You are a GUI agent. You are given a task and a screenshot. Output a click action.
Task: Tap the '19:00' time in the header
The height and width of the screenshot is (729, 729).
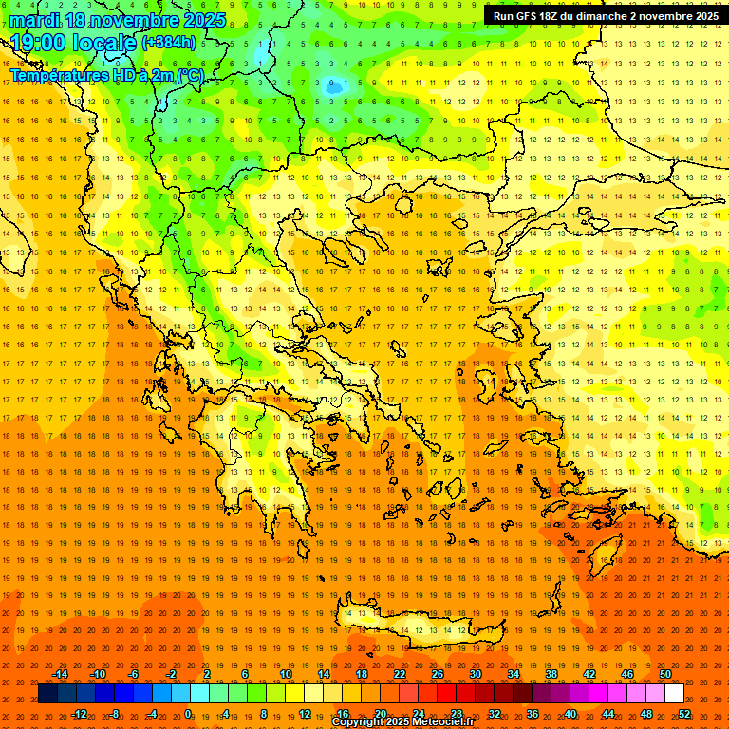pyautogui.click(x=37, y=43)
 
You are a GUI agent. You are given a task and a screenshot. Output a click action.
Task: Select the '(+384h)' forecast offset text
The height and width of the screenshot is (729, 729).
pyautogui.click(x=169, y=43)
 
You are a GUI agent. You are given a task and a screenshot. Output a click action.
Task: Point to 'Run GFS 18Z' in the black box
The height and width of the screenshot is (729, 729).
pyautogui.click(x=528, y=16)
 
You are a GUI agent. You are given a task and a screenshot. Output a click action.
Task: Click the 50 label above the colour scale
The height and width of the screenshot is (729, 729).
pyautogui.click(x=665, y=674)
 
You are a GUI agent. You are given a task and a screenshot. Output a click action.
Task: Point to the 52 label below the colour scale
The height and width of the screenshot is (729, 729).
pyautogui.click(x=684, y=714)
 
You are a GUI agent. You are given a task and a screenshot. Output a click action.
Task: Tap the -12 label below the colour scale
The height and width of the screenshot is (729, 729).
pyautogui.click(x=79, y=714)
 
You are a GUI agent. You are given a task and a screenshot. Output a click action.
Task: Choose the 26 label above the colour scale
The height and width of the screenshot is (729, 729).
pyautogui.click(x=438, y=674)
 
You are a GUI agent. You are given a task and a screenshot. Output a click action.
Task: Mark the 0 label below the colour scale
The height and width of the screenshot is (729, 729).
pyautogui.click(x=189, y=714)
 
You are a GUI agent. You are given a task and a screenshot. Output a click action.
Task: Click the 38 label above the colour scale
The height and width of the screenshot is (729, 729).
pyautogui.click(x=551, y=674)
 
